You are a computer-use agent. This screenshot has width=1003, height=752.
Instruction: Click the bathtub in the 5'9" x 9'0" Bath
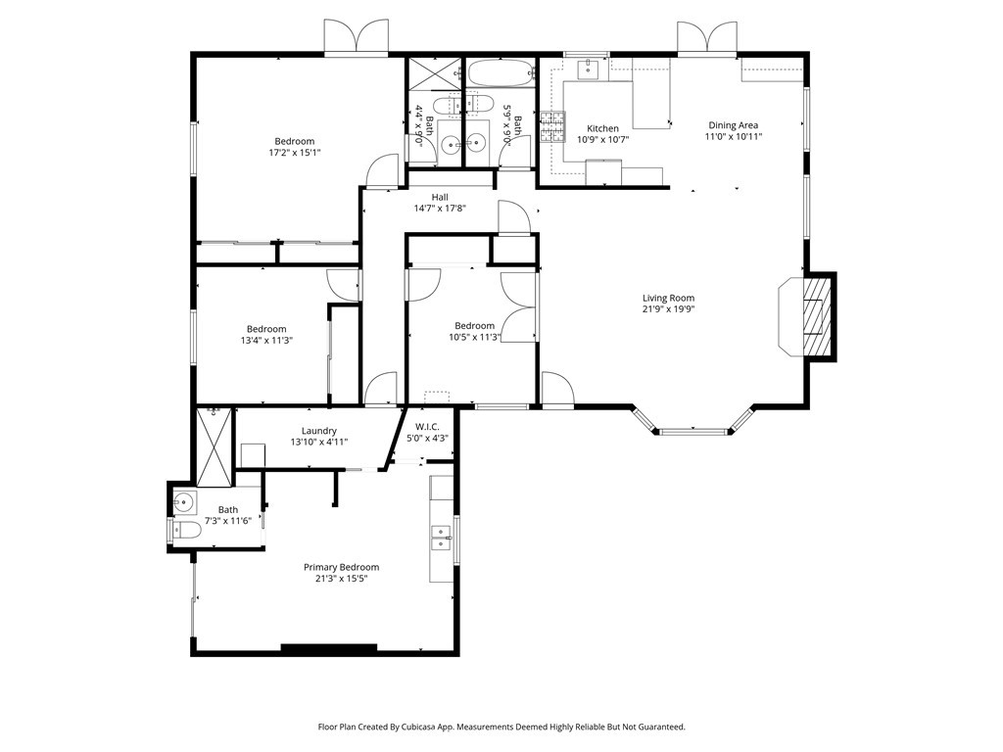(x=501, y=71)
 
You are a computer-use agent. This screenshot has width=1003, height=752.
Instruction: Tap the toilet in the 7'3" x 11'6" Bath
(x=187, y=531)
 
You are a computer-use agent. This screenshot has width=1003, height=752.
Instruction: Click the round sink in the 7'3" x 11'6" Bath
(x=185, y=502)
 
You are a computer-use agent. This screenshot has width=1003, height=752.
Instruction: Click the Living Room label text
(x=668, y=299)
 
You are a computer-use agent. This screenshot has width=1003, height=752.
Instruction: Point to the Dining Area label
(x=734, y=125)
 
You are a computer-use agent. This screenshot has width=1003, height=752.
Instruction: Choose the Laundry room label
(x=319, y=431)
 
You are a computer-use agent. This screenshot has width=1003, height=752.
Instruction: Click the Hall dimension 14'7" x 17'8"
(x=440, y=208)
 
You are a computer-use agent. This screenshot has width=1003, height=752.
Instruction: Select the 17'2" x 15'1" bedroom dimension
(x=294, y=153)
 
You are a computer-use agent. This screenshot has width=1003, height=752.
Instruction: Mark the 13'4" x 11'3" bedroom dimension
(x=266, y=340)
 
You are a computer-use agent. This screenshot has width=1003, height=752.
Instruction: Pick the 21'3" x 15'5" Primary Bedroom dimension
(x=341, y=578)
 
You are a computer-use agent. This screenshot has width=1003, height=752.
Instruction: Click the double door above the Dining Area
(x=706, y=37)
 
